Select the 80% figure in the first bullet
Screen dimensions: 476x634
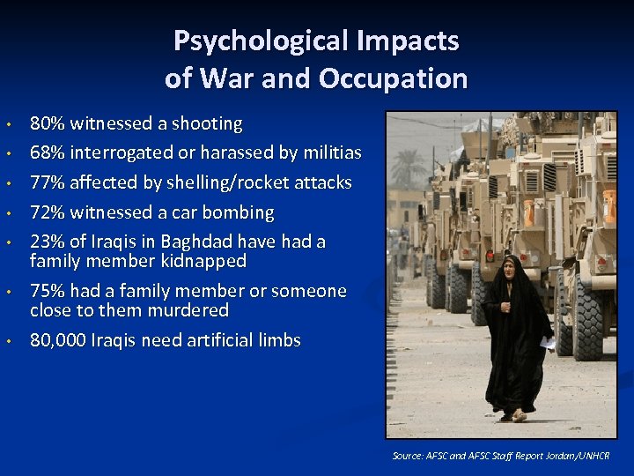(48, 123)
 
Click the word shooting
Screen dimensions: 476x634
(208, 123)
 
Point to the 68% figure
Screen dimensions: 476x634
(48, 153)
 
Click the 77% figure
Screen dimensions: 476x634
(48, 183)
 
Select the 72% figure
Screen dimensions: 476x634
(48, 213)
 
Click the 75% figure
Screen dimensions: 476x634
(48, 292)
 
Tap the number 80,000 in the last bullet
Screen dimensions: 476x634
(58, 341)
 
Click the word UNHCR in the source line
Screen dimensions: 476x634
(592, 456)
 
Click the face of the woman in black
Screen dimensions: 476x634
(508, 269)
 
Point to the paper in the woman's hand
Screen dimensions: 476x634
(548, 342)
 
